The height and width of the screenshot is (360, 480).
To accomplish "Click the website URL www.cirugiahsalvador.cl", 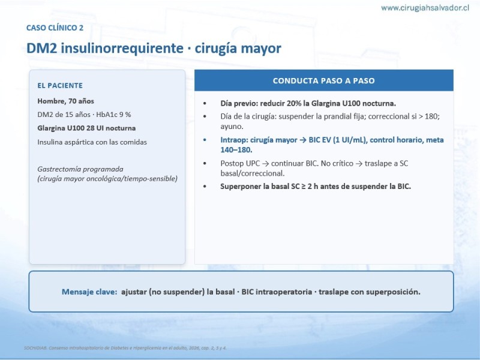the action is (x=425, y=8).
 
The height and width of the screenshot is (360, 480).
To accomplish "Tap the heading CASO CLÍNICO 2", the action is (x=55, y=28).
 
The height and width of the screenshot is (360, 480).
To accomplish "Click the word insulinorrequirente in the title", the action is (x=122, y=49).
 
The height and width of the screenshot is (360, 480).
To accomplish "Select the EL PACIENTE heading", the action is (x=60, y=85).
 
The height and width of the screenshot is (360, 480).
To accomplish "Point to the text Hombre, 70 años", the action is (x=65, y=101).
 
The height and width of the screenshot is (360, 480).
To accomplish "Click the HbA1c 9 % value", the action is (x=113, y=115).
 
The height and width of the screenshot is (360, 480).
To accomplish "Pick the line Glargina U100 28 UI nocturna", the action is (x=86, y=128).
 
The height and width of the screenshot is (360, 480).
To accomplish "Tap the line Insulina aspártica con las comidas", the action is (x=92, y=142).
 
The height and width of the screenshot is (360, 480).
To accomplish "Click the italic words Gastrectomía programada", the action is (x=80, y=169).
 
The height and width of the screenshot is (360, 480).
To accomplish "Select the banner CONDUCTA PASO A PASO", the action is (x=324, y=80).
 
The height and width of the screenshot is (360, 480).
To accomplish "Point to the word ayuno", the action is (x=232, y=127).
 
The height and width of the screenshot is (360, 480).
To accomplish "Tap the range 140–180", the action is (x=236, y=149).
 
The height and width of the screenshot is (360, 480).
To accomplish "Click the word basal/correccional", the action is (x=252, y=173).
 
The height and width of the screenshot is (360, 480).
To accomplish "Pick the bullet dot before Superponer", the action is (x=205, y=187).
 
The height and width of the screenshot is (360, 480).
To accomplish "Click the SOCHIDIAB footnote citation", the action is (x=125, y=348).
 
